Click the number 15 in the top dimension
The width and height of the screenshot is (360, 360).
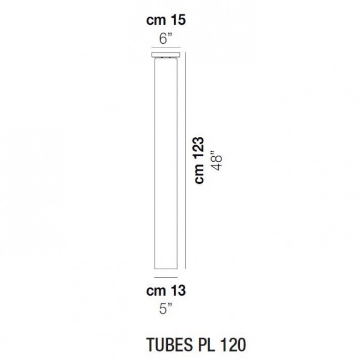coord(176,21)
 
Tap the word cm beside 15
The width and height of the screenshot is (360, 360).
coord(157,21)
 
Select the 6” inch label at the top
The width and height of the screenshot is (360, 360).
coord(167,39)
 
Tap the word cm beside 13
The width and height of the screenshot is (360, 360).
coord(157,290)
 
